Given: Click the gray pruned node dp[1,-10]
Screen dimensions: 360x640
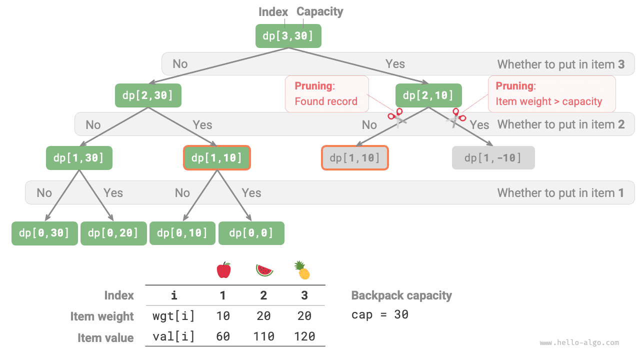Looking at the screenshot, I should pos(493,158).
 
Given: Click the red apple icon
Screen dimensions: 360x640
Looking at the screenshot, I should pos(223,270).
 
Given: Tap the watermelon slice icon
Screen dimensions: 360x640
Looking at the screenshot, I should pos(264,270).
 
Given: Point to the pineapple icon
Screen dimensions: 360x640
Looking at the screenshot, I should pos(302,270).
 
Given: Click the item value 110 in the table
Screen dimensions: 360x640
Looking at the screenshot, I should pos(264,336).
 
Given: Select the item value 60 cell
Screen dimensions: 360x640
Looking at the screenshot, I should pos(223,336).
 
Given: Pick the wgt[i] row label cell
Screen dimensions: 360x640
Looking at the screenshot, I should pos(173,316).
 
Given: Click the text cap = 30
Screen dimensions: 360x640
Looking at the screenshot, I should pos(379,314).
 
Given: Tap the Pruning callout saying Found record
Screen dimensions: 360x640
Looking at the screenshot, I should pos(326,93).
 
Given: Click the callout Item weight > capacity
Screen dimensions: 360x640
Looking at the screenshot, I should pos(551,93).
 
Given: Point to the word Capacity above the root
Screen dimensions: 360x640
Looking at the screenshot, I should pos(320,11).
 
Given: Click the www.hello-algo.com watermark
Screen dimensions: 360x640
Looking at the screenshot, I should pos(579,343).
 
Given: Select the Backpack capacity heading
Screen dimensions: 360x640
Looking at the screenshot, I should pos(401,295).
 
